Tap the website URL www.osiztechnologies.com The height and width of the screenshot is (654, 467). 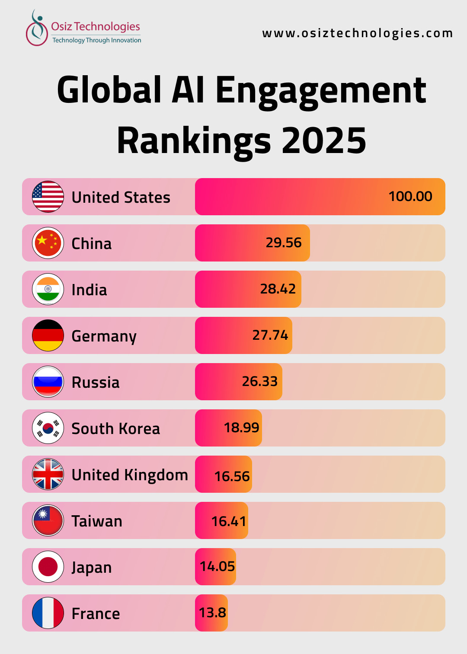click(x=357, y=33)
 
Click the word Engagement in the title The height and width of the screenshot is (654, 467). click(x=320, y=90)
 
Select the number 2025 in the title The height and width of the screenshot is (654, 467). click(x=323, y=141)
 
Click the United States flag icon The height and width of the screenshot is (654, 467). click(x=48, y=197)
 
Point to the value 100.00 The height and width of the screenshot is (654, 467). click(x=410, y=196)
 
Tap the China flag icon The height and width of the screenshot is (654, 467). click(x=48, y=243)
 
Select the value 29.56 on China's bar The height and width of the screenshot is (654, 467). click(x=283, y=242)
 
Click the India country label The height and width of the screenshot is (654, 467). click(x=89, y=290)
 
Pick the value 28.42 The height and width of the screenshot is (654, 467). click(x=278, y=289)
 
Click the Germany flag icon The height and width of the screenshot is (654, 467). click(x=48, y=335)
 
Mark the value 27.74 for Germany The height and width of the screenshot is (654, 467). click(x=270, y=335)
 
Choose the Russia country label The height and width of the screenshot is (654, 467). click(x=96, y=382)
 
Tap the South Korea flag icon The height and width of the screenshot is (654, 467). click(x=48, y=428)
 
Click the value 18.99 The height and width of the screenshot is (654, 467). click(x=241, y=427)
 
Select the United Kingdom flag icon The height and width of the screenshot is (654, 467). click(x=48, y=474)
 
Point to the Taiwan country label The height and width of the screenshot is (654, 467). click(x=97, y=521)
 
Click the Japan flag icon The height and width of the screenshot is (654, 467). click(x=48, y=567)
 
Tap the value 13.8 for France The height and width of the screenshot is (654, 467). click(x=212, y=613)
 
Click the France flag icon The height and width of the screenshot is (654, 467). click(x=48, y=613)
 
